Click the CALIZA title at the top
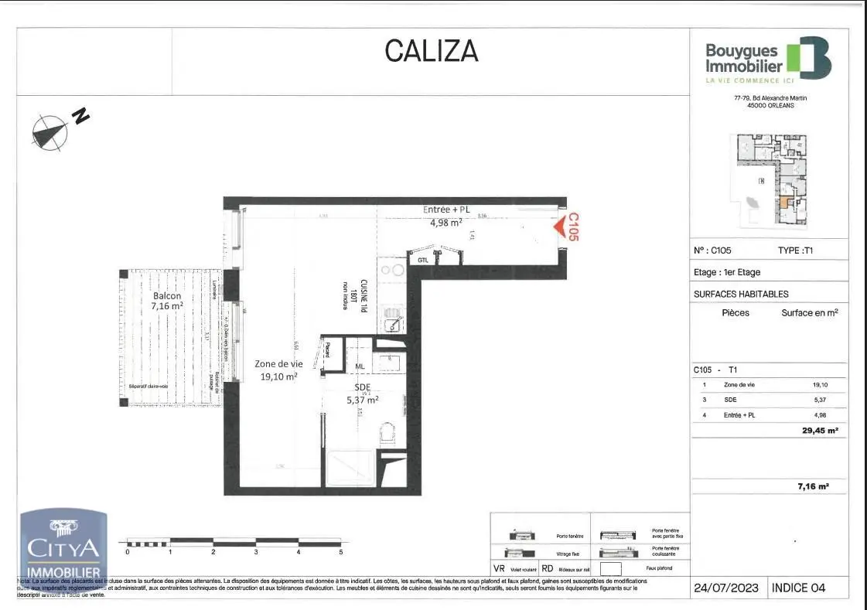pos(432,51)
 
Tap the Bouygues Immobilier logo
pos(768,59)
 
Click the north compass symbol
pos(50,130)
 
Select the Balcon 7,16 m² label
pos(166,301)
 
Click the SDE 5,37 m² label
pos(362,394)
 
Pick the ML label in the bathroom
pos(360,366)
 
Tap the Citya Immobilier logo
pos(63,545)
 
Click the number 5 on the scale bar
pos(340,552)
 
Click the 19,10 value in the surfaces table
pos(820,385)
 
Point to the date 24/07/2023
pos(727,588)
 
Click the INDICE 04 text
pos(798,588)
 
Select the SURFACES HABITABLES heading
pos(741,294)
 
